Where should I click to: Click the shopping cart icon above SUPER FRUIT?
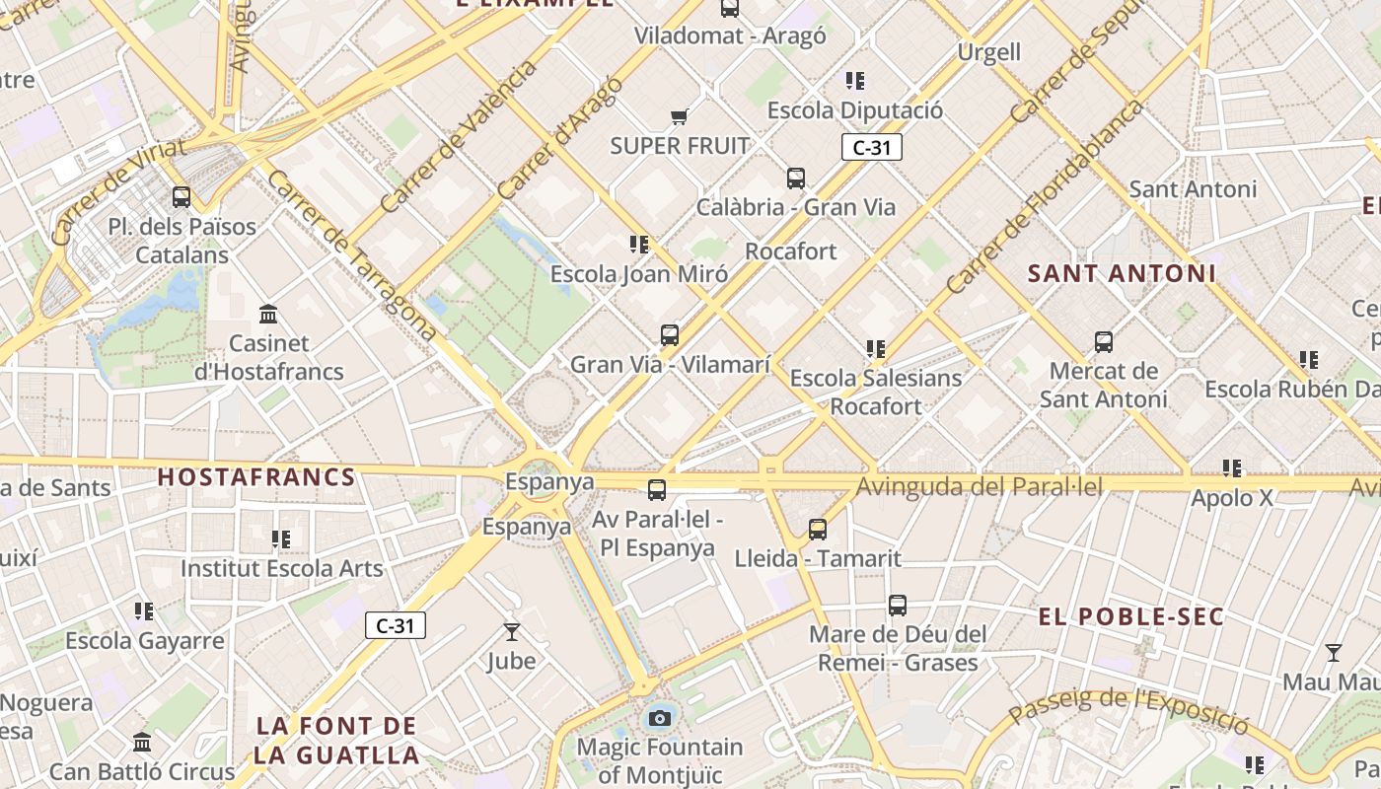point(679,117)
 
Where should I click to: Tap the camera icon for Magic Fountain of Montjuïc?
point(660,718)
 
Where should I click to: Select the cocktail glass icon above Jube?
point(511,632)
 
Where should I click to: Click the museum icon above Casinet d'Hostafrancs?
point(267,315)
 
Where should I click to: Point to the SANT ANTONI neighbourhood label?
point(1122,273)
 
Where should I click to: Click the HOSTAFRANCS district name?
point(256,477)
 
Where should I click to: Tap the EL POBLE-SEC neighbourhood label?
point(1130,617)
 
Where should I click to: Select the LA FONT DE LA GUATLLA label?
point(337,741)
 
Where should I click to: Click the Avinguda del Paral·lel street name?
point(979,486)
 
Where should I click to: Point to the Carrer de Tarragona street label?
point(351,255)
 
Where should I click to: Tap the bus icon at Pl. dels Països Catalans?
point(182,196)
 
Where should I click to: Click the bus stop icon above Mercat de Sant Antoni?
point(1104,342)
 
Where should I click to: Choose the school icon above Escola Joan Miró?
point(639,245)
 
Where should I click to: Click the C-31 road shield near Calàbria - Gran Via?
point(871,148)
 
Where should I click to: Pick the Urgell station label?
point(988,51)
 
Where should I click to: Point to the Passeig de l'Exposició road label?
point(1127,707)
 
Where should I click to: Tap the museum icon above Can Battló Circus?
point(142,742)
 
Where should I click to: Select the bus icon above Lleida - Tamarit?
point(818,530)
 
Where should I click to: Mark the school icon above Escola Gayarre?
point(145,611)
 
